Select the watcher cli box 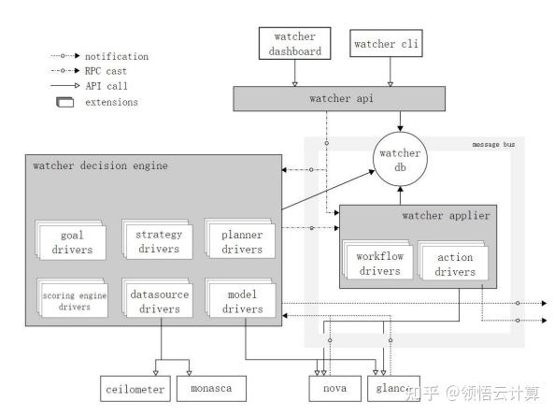[389, 43]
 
